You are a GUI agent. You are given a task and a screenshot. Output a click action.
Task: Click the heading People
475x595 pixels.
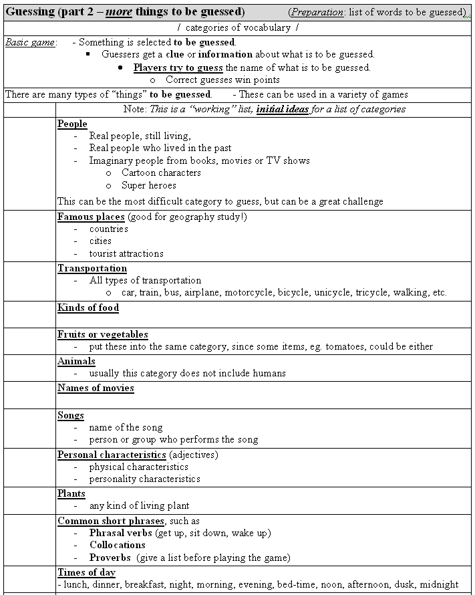(72, 124)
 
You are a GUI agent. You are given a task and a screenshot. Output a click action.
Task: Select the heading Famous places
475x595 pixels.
(91, 217)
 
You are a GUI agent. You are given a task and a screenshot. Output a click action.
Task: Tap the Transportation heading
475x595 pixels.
(92, 268)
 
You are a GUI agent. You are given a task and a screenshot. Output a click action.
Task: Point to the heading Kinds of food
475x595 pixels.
(88, 308)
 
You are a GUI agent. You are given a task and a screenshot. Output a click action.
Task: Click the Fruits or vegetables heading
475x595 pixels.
(103, 334)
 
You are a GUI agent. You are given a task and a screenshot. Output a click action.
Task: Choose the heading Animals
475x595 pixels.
(76, 361)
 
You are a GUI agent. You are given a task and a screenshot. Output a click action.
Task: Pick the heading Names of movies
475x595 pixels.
(96, 388)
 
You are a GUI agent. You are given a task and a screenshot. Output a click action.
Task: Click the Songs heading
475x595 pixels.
(71, 415)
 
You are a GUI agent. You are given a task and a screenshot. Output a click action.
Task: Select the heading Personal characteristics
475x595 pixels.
(112, 455)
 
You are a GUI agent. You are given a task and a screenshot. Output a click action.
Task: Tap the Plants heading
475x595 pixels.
(71, 493)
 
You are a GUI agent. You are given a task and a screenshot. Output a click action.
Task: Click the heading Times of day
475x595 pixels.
(86, 572)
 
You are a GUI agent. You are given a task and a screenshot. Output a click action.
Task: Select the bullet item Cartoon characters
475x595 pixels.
(161, 172)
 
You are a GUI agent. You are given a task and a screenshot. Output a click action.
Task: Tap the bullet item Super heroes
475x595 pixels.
(149, 185)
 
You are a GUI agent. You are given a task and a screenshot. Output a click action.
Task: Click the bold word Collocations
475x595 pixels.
(118, 545)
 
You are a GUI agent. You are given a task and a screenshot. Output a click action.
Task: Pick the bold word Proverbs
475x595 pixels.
(110, 558)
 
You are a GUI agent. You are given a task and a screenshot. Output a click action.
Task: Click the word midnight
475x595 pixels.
(439, 584)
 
